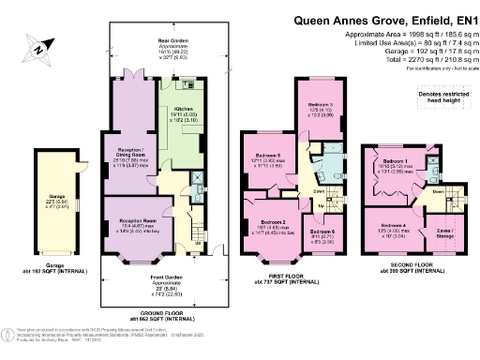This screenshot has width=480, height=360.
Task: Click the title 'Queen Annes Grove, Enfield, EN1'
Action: point(386,18)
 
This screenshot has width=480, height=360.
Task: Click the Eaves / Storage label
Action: point(439,232)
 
